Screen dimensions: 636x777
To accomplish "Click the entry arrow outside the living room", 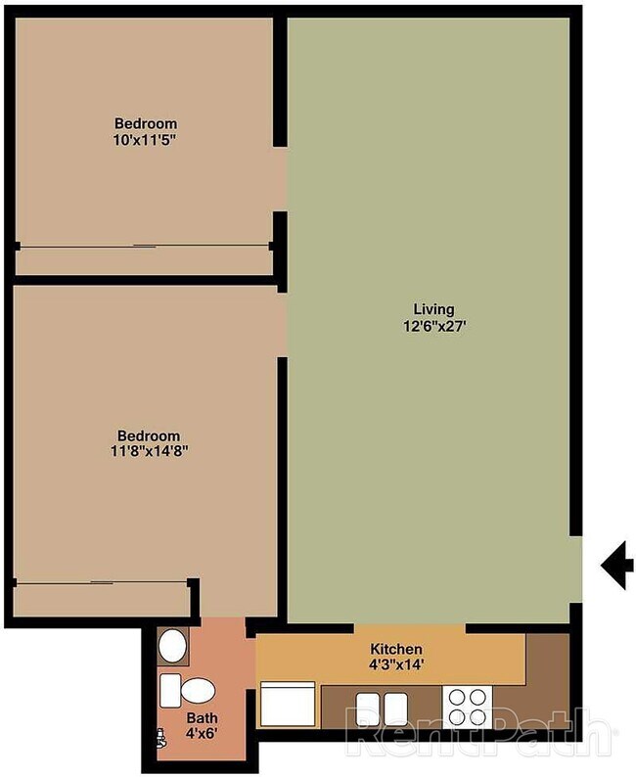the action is click(x=617, y=565).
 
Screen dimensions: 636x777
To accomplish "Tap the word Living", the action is click(x=433, y=309).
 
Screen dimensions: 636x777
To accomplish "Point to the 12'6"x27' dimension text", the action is click(x=434, y=326).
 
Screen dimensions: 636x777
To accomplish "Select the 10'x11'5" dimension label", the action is click(x=145, y=140).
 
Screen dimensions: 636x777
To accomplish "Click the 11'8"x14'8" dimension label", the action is click(x=149, y=451).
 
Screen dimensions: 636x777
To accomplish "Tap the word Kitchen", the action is click(x=396, y=649).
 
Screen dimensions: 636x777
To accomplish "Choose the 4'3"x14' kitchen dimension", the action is click(x=396, y=664).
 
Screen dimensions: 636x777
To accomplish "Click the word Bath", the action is click(x=202, y=717).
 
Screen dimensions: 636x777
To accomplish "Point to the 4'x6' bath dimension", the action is click(x=202, y=733).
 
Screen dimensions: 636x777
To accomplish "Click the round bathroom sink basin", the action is click(x=172, y=646).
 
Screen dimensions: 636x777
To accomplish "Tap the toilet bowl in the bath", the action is click(x=197, y=691).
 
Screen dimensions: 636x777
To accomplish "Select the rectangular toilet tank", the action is click(x=170, y=690).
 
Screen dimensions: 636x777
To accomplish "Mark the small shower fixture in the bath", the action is click(x=161, y=737).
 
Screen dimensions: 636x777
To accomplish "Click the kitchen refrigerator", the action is click(x=288, y=705).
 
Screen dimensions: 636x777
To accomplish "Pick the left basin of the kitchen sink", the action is click(x=368, y=709).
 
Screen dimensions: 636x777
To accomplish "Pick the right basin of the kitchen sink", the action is click(x=395, y=709).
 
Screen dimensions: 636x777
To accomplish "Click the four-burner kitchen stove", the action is click(x=467, y=708).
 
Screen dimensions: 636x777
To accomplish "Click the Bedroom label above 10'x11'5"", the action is click(x=146, y=123).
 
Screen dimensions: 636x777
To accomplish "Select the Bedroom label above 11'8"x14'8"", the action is click(x=149, y=435).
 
